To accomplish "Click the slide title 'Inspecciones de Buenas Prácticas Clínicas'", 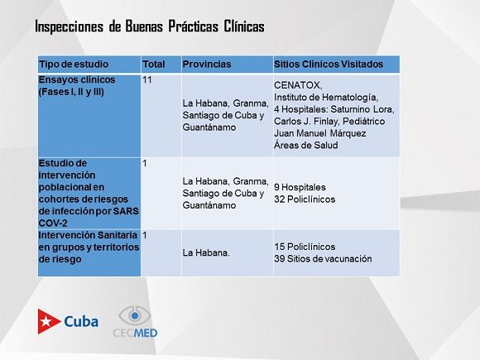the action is pos(150,26).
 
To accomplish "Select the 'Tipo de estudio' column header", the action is pos(74,65).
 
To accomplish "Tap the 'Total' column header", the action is pos(154,65).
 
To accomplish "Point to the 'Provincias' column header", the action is pos(207,65).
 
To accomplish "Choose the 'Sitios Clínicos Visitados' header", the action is pos(329,65).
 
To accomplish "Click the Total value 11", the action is pos(147,80).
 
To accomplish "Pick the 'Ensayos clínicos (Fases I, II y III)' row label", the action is pos(77,86).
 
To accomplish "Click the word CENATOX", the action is pos(298,85).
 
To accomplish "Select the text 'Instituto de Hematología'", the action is pos(326,98).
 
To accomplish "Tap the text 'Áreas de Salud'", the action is pos(306,145).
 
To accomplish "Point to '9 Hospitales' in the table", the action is pos(300,187).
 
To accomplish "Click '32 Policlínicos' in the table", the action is pos(305,199).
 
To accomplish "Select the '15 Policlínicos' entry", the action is pos(305,247).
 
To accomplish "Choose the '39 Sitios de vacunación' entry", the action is pos(323,259).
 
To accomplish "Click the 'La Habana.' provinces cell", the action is pos(206,253).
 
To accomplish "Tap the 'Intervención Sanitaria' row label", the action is pos(88,235).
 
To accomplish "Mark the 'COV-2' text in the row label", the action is pos(53,223).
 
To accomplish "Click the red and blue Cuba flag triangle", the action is pos(49,321).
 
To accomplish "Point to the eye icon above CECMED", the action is pos(135,315).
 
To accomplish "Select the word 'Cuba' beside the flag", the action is pos(81,322).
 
